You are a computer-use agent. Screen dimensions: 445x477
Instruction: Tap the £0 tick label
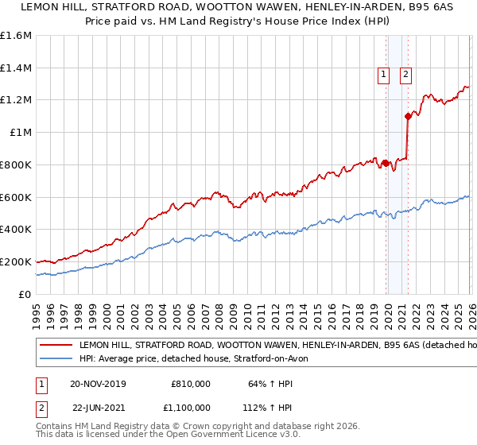point(25,294)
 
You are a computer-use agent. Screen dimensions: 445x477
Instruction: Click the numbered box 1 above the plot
point(383,75)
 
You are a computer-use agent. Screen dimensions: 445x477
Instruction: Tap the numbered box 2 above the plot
point(405,75)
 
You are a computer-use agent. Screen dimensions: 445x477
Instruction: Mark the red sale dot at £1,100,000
point(408,116)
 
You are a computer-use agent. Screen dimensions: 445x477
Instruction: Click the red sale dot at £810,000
point(386,163)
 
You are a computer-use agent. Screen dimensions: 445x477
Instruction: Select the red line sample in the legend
point(56,346)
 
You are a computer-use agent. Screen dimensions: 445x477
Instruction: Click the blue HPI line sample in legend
point(56,359)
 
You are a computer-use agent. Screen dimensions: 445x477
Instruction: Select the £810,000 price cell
point(191,383)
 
